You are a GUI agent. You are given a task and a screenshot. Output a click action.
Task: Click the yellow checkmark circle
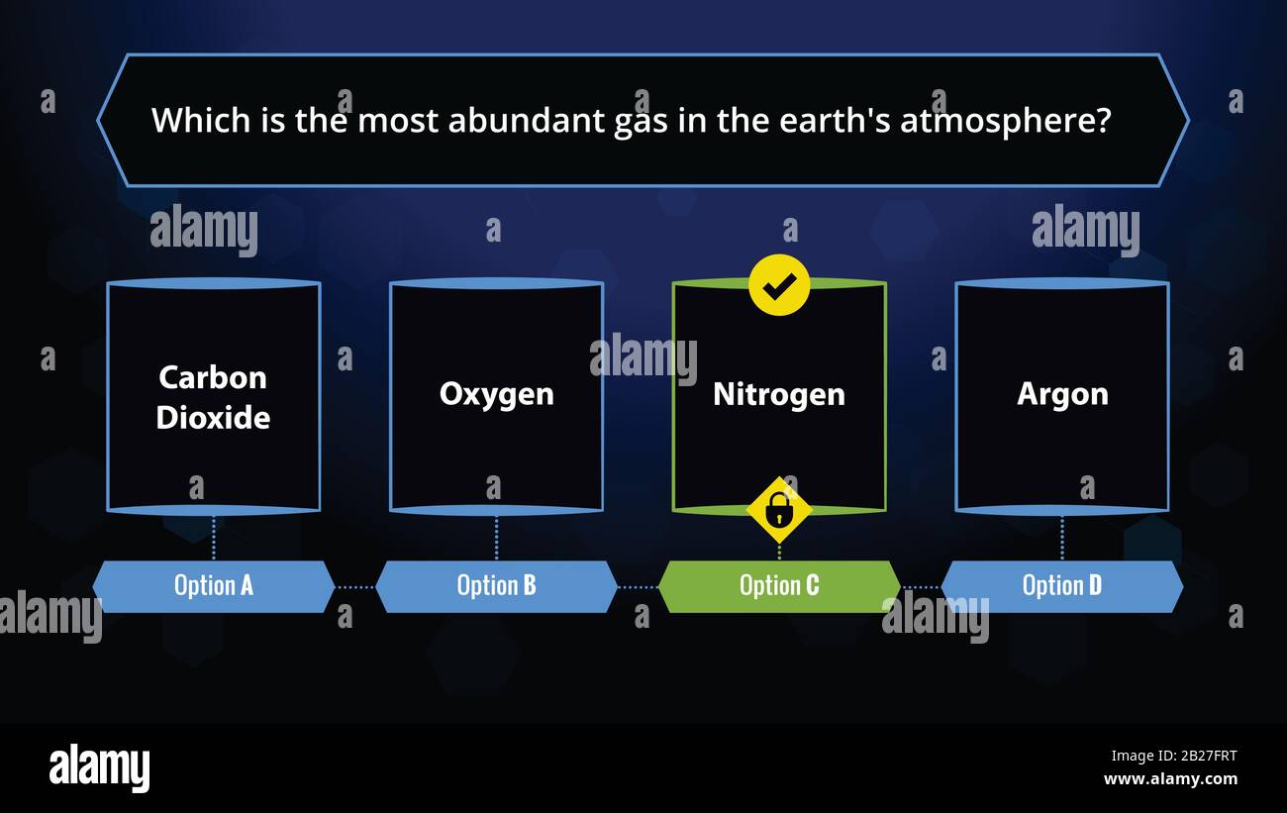(x=779, y=285)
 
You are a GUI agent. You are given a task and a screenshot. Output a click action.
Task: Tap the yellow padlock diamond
(x=779, y=510)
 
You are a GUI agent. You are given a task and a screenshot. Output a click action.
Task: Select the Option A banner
(x=214, y=586)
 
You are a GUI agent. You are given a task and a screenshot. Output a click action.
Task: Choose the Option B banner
(x=496, y=586)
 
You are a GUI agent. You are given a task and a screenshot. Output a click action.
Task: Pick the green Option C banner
(x=779, y=586)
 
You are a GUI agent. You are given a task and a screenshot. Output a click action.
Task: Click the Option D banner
(x=1061, y=586)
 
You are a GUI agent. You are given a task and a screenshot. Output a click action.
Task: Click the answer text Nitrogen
(x=779, y=395)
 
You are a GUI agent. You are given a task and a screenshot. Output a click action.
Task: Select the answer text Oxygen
(x=496, y=396)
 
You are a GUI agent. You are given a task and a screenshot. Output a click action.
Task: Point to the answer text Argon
(x=1062, y=396)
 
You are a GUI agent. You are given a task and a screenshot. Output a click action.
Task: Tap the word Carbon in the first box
(x=213, y=377)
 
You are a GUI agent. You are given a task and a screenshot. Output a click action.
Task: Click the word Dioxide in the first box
(x=213, y=417)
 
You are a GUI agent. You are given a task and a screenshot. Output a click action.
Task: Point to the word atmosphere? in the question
(x=1006, y=122)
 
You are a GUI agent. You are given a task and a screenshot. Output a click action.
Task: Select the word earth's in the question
(x=835, y=120)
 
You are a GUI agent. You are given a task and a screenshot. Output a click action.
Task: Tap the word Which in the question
(x=201, y=120)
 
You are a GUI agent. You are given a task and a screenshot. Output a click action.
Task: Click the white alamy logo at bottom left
(x=99, y=768)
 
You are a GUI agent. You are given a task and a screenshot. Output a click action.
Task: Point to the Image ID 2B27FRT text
(x=1174, y=756)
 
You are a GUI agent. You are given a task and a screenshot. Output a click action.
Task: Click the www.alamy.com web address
(x=1170, y=779)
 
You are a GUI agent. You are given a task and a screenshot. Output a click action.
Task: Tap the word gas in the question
(x=641, y=123)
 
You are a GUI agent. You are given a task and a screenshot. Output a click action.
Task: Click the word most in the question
(x=398, y=121)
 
